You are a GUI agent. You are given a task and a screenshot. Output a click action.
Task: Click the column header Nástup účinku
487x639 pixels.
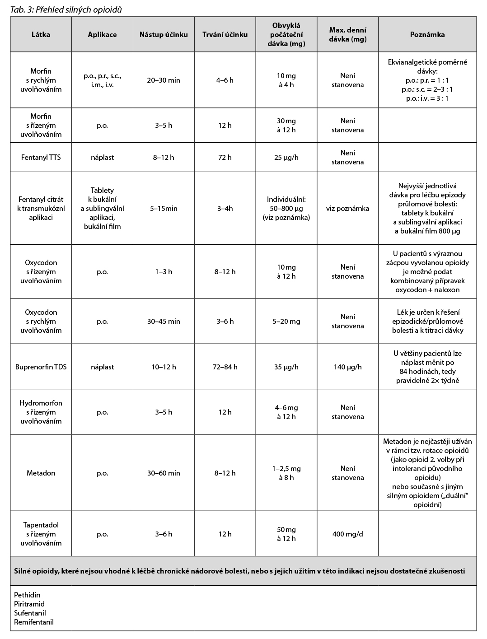[164, 34]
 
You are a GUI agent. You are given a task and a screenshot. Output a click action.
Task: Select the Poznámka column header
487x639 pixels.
[427, 34]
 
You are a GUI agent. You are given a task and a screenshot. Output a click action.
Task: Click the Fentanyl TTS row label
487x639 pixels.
[41, 158]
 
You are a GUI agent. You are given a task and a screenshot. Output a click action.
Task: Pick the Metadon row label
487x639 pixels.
[41, 473]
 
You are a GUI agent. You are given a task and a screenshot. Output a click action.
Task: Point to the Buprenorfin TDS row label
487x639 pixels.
[41, 367]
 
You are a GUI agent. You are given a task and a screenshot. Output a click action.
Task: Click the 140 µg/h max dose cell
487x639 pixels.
[347, 367]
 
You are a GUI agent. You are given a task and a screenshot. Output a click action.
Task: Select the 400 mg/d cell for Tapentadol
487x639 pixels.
[347, 534]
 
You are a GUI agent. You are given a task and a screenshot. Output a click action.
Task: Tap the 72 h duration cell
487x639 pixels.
[225, 158]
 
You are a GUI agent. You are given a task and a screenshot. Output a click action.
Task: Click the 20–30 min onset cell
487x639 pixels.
[164, 80]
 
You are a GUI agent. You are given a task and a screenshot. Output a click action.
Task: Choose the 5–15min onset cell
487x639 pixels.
[164, 209]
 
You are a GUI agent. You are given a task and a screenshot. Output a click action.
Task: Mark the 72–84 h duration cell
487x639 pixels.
[225, 367]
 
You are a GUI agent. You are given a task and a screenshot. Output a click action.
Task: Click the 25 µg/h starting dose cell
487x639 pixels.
[286, 158]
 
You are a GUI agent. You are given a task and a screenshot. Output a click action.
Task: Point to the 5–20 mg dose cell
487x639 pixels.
[286, 322]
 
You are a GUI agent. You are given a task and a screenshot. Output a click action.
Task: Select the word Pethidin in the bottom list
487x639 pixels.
[27, 595]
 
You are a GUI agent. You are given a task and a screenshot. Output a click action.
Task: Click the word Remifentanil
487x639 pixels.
[33, 622]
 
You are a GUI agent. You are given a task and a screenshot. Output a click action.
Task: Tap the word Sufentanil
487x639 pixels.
[30, 613]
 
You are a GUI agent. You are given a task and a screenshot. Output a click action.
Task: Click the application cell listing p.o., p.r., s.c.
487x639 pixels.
[102, 80]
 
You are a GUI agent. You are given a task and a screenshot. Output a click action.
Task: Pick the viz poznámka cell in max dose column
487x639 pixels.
[347, 209]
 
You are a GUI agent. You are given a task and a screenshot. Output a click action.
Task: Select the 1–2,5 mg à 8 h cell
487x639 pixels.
[286, 473]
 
